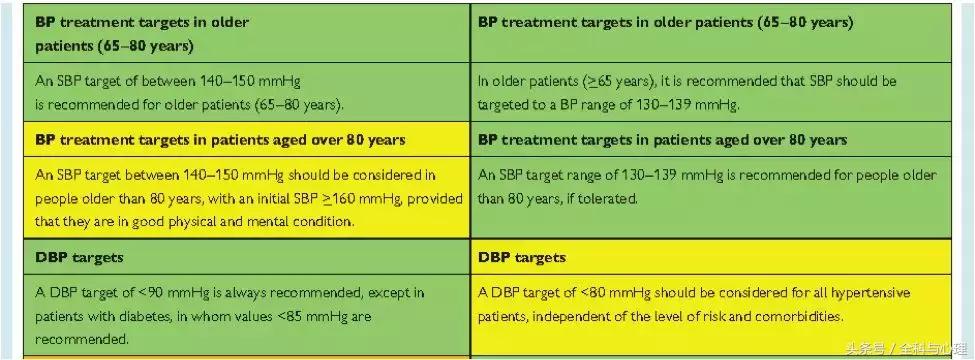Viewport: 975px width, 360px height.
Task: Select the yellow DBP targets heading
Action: [522, 257]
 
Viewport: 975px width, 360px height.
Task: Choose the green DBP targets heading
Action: [79, 257]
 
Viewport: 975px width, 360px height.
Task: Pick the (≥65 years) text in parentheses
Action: [612, 81]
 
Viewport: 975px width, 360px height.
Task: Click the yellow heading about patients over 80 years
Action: [219, 139]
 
